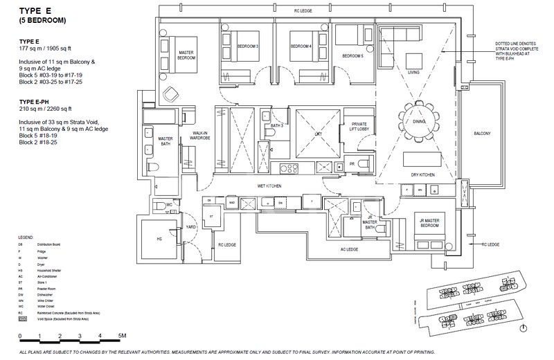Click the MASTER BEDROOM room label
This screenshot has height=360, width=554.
coord(186,55)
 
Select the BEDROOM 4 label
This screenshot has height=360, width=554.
coord(301,46)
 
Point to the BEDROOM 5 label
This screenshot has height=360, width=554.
coord(353,55)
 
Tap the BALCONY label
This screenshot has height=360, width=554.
coord(482,133)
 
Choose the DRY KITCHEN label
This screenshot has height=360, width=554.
coord(422,176)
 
